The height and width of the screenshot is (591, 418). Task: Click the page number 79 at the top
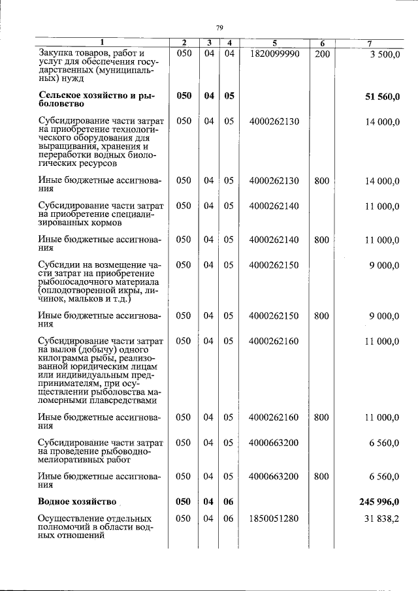click(x=219, y=27)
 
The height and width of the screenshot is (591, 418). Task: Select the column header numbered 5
click(x=274, y=43)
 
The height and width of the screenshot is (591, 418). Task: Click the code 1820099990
click(x=274, y=53)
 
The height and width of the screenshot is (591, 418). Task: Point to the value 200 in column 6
click(x=321, y=53)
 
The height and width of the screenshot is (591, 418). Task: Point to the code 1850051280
click(x=274, y=519)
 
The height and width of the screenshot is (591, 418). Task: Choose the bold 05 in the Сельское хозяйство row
click(x=229, y=95)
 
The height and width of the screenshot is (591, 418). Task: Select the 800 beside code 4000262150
click(x=321, y=316)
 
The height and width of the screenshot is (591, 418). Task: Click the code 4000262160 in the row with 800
click(x=274, y=417)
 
